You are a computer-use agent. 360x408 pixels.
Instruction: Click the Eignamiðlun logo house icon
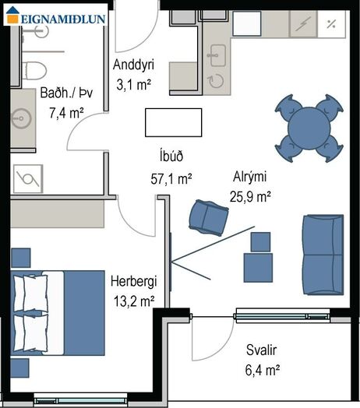12,15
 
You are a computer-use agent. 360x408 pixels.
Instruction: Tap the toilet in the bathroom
34,71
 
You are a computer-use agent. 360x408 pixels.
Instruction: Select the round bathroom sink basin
22,118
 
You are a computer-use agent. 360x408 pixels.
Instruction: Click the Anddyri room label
133,65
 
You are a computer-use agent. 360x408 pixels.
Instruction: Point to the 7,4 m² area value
66,113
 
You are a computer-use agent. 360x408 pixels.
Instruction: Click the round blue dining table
309,128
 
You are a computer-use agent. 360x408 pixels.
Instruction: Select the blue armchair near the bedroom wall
208,218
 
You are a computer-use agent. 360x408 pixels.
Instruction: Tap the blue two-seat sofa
323,255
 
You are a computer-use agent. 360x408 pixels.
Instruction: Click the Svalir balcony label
261,350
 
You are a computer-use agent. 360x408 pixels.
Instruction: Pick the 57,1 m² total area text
171,179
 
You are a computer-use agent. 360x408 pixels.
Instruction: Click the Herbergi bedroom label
133,282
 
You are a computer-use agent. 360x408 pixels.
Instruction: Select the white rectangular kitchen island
174,122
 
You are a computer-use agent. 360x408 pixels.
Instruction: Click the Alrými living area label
250,177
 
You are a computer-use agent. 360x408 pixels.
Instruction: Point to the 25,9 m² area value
250,197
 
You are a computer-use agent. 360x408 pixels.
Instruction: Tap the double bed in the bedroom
58,313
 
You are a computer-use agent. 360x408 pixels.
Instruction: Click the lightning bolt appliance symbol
303,24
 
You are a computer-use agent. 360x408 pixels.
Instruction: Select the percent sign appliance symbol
331,24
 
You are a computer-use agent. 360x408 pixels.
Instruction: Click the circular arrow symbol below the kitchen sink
217,81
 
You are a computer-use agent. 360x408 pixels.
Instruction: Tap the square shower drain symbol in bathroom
28,179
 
